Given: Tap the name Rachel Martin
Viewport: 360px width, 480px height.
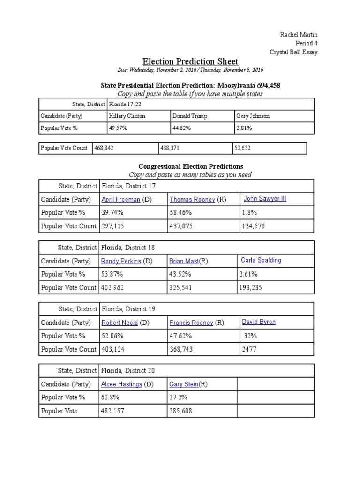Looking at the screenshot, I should coord(300,35).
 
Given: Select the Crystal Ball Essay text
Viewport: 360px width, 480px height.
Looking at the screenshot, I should coord(294,52).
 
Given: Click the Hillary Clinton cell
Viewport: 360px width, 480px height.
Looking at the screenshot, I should coord(127,116).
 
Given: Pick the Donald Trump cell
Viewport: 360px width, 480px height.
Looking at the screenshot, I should coord(189,116).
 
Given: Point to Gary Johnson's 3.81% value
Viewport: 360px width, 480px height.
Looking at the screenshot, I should coord(244,127).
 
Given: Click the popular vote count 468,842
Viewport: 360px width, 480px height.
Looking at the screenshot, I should coord(104,148).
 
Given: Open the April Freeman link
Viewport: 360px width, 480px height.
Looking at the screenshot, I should coord(121,200).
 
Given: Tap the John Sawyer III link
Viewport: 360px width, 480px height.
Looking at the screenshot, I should coord(265,199).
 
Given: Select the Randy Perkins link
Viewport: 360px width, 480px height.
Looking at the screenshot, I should coord(121,261).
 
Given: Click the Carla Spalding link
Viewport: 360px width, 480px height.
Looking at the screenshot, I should coord(261,260).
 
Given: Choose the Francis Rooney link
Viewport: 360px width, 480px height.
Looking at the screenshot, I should coord(191,323).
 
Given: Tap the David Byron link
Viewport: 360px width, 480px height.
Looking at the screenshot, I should coord(259,322).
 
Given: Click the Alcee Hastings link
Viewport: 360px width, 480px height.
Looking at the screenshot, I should coord(121,384).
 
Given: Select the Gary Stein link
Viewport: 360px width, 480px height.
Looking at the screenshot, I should coord(184,384).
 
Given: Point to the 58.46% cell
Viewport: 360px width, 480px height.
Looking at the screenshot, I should coord(181,213).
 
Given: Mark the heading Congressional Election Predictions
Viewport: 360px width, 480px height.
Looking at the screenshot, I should coord(190,166).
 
